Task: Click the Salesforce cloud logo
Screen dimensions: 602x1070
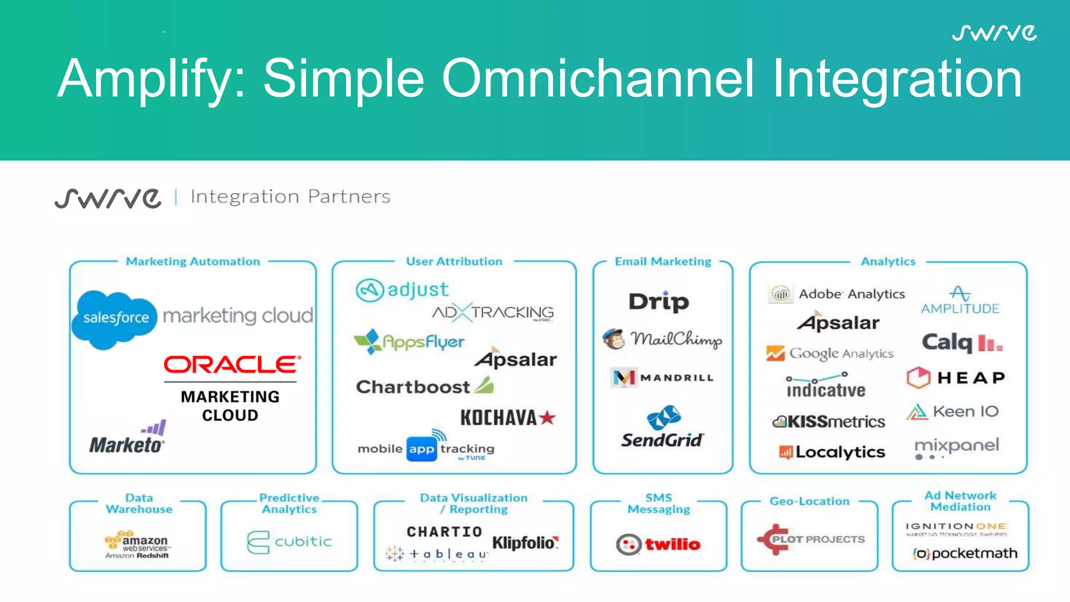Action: click(115, 318)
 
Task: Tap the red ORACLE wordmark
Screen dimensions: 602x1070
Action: click(232, 364)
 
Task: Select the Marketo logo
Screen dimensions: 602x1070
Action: click(127, 439)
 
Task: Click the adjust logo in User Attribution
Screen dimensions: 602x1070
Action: click(402, 290)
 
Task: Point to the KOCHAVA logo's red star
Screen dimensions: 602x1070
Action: click(547, 418)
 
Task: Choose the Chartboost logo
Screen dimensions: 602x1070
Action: click(424, 387)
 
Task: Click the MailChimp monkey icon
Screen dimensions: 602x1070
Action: click(613, 339)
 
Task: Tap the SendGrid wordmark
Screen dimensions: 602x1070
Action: click(662, 440)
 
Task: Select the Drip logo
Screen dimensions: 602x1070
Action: click(659, 302)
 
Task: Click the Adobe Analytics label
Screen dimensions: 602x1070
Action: click(851, 294)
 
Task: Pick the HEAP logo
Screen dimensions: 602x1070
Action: click(956, 377)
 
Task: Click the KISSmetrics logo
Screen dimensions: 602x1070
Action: click(829, 421)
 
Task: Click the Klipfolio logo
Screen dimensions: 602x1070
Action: click(525, 543)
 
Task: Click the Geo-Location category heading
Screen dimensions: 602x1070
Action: click(809, 501)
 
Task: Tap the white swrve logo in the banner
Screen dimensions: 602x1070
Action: click(994, 33)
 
